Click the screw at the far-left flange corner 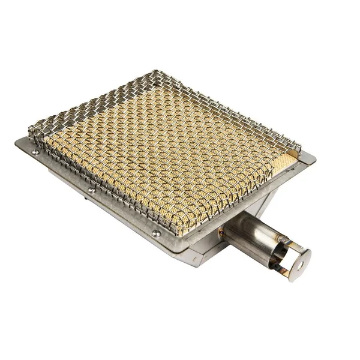click(35, 152)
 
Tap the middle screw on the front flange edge click(91, 190)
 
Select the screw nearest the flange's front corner click(155, 233)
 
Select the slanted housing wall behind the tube click(264, 198)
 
